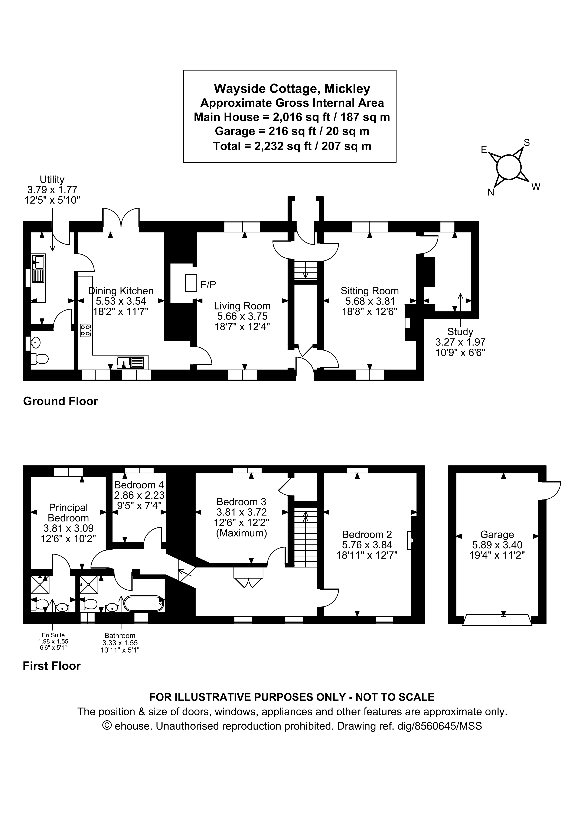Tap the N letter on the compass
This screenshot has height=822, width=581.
[x=491, y=192]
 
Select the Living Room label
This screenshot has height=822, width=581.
[x=242, y=306]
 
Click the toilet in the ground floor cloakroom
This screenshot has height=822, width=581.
[x=40, y=358]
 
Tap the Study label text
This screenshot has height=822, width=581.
[x=460, y=332]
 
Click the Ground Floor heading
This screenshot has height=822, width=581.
[x=60, y=401]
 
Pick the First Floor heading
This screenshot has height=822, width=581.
[x=52, y=666]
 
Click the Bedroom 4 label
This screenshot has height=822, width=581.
[x=139, y=485]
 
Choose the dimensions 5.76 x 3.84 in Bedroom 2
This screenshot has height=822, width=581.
[x=367, y=545]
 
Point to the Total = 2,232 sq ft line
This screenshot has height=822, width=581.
[x=292, y=146]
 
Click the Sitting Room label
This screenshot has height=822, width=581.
[x=370, y=291]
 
